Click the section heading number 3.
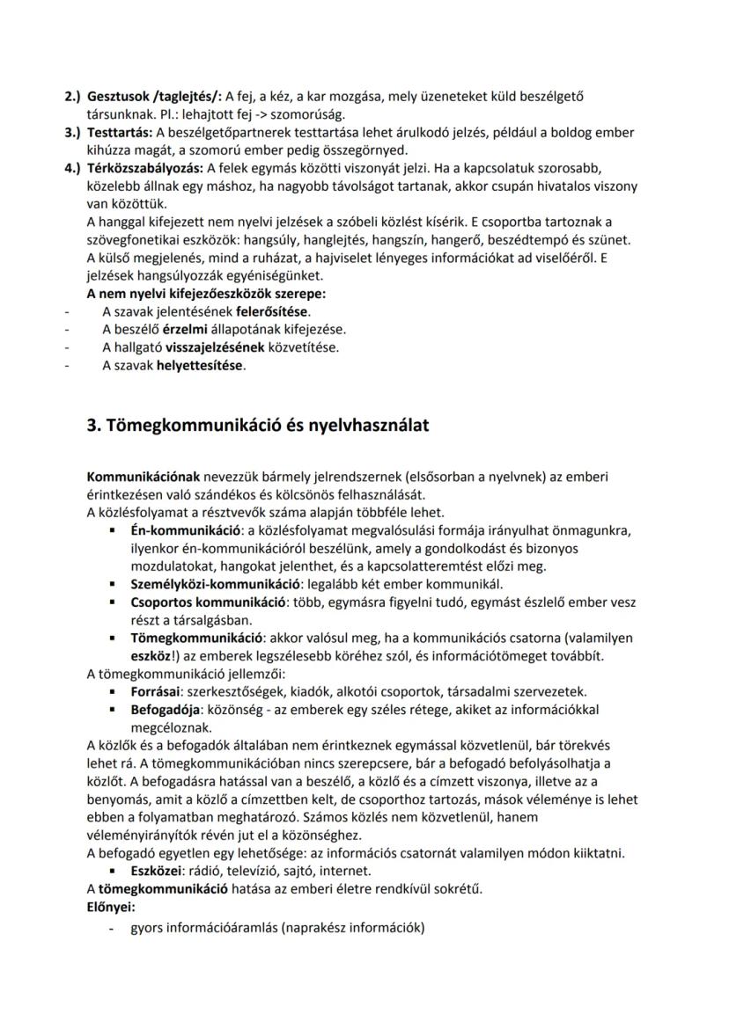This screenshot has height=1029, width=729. [93, 426]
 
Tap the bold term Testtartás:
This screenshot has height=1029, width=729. [121, 133]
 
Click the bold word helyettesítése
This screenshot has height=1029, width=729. [200, 365]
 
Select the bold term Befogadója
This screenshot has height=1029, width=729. [163, 710]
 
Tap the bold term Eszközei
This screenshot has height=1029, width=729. [158, 871]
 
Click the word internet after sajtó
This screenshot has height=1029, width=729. [347, 871]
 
